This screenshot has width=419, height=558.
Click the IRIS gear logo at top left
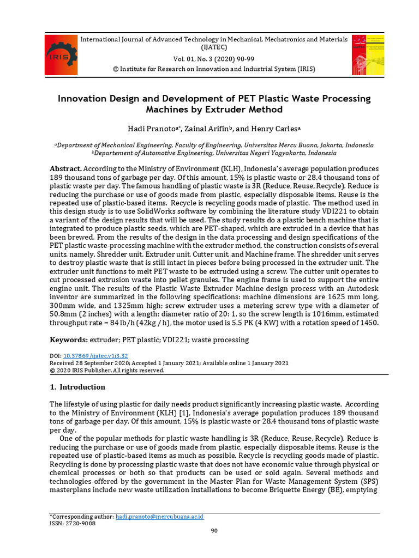coord(61,54)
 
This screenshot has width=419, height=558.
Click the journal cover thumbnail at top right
coord(368,54)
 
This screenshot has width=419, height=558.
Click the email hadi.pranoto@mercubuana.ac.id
coord(160,516)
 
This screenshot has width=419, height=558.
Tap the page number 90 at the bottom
coord(214,531)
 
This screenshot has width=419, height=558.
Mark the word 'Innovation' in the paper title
coord(87,99)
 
